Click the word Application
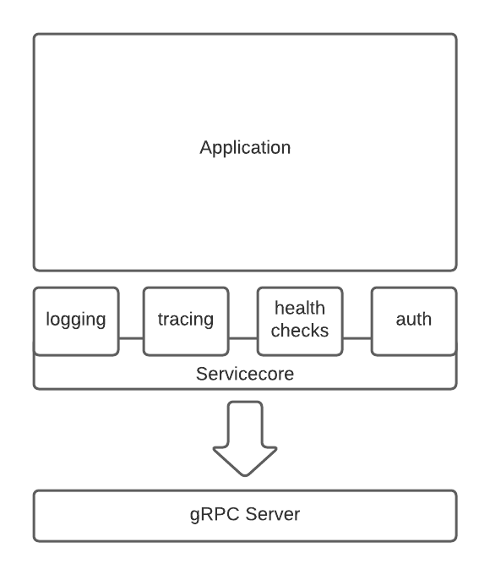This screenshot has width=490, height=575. point(245,148)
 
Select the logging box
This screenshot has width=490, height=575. point(76,321)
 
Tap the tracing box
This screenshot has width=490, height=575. point(186,321)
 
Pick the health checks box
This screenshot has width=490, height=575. point(300,321)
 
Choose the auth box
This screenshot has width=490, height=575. point(414,321)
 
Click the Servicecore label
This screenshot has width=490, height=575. point(245,374)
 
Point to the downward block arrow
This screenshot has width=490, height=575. point(245,439)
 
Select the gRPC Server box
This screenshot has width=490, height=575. point(245,516)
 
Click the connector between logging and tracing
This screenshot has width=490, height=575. point(131,338)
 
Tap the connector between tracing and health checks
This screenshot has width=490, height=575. point(243,338)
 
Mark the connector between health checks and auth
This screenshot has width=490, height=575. point(357,338)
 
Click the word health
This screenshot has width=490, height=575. point(300,308)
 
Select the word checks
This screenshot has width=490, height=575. point(300,331)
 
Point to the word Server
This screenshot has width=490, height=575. point(273,514)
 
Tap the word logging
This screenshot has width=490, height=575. point(76,320)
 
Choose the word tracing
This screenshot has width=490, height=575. point(186,320)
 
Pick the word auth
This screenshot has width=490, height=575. point(414,319)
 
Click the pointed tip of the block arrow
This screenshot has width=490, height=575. point(245,475)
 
